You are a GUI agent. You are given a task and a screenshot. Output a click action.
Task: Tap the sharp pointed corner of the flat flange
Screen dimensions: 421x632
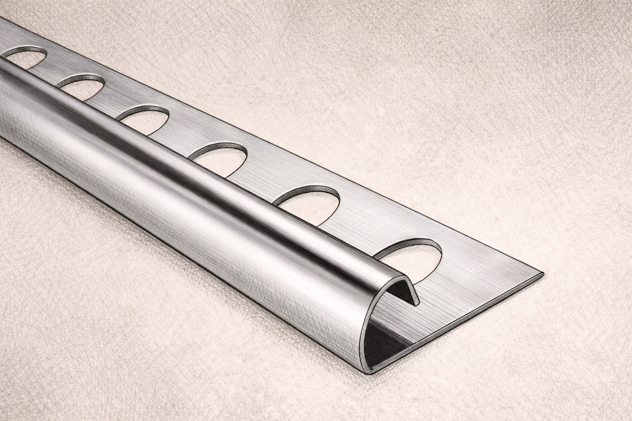542,273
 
